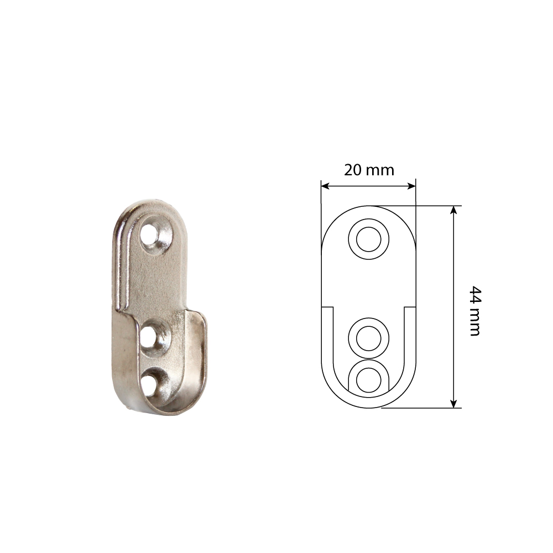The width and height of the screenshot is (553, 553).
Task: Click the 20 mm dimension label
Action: click(x=369, y=170)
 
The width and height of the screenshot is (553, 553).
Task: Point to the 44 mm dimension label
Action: click(x=475, y=311)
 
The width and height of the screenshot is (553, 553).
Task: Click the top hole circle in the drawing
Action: click(x=368, y=239)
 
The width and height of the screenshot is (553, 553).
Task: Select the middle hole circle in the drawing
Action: click(x=368, y=338)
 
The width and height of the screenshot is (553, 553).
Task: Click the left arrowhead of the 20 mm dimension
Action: click(x=325, y=186)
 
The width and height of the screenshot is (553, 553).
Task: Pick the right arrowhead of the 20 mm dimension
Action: click(x=411, y=186)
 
